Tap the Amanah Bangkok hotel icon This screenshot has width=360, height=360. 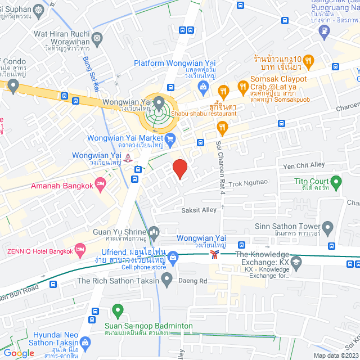(x=101, y=183)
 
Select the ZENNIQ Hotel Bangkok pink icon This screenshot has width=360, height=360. (x=80, y=248)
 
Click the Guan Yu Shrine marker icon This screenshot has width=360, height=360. (x=154, y=232)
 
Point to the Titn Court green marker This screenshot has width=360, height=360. (x=336, y=182)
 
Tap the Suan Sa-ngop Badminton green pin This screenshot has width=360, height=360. (x=118, y=309)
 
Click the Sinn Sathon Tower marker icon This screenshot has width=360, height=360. (x=328, y=227)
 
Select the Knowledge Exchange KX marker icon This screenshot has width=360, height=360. (x=296, y=262)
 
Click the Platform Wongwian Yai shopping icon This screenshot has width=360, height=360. (x=203, y=86)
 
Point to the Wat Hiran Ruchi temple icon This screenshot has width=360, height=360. (x=98, y=39)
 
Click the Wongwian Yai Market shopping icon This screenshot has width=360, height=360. (x=170, y=138)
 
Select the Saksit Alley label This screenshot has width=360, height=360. (x=198, y=210)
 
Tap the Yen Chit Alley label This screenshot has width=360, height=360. (x=304, y=165)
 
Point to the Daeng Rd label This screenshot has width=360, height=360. (x=193, y=281)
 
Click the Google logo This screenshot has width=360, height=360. (x=19, y=353)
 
